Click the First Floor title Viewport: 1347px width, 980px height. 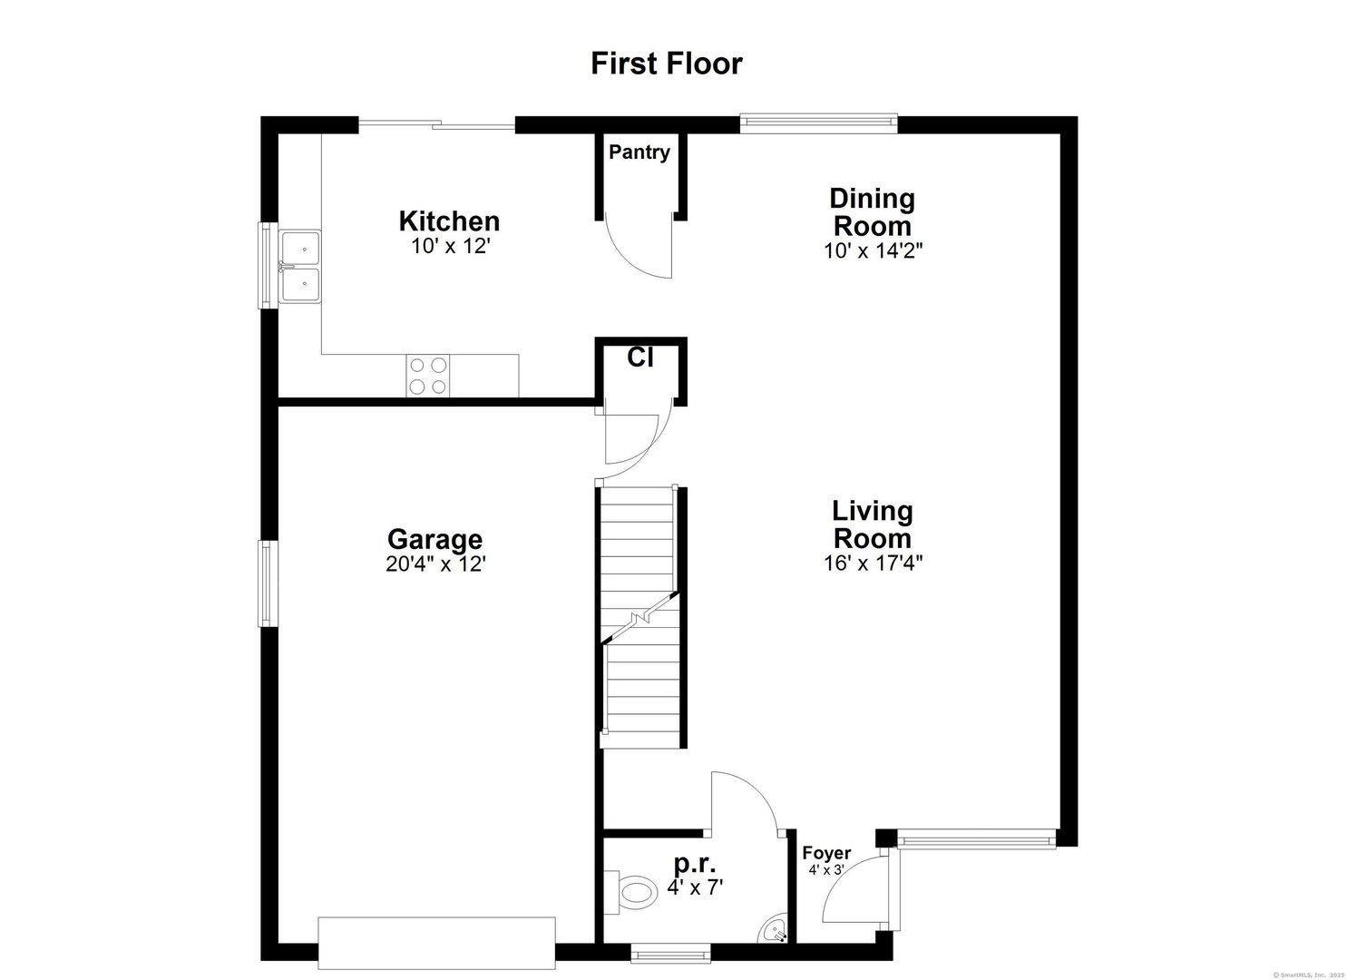tap(667, 64)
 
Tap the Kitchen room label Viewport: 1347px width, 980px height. tap(449, 220)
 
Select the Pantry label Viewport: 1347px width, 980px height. tap(639, 152)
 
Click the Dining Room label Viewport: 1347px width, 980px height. tap(872, 211)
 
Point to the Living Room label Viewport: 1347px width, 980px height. tap(872, 524)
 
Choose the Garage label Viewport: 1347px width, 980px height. tap(434, 540)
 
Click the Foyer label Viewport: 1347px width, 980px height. tap(826, 853)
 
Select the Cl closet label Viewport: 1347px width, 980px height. tap(640, 358)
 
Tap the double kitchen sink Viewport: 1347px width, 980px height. tap(300, 266)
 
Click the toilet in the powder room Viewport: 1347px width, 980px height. tap(637, 891)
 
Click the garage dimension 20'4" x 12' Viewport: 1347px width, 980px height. tap(435, 563)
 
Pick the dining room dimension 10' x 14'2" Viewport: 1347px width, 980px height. tap(872, 250)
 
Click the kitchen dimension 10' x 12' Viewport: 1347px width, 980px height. tap(450, 246)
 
